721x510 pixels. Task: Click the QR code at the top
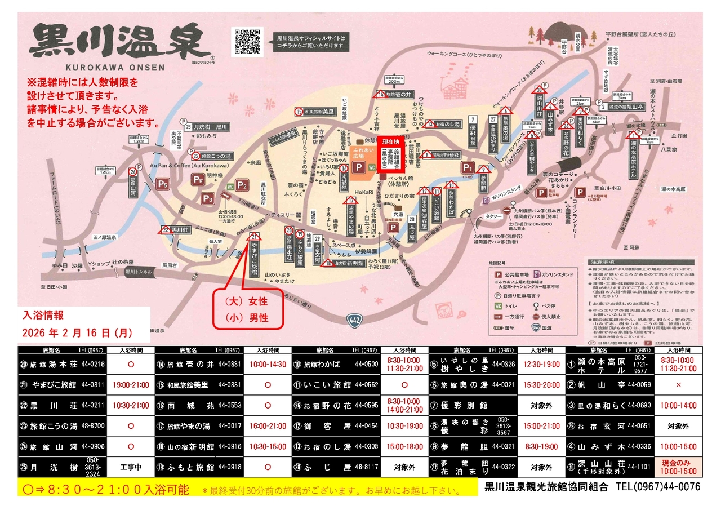[x=248, y=41]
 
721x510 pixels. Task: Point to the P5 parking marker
[x=163, y=184]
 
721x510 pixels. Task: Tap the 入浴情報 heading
[x=43, y=315]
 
